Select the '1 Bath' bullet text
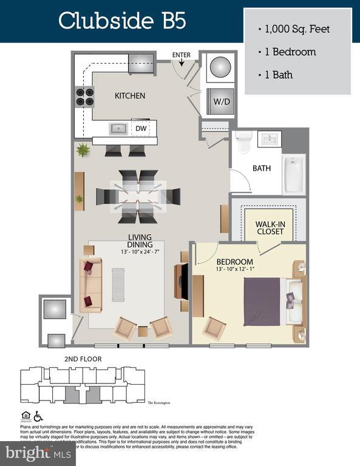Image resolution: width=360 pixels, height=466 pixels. tap(278, 75)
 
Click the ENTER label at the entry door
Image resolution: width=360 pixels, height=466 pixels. tap(181, 55)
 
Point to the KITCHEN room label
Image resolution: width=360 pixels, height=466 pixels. tap(130, 96)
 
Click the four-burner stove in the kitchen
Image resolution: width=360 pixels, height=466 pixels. tap(84, 96)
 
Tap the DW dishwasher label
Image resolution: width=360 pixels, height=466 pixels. tap(140, 129)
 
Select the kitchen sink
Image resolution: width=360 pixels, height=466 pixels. tap(118, 129)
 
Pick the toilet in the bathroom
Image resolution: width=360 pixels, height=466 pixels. tap(244, 142)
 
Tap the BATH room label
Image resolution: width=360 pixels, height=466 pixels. tap(262, 168)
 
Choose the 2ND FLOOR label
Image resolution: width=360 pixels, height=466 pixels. tap(83, 359)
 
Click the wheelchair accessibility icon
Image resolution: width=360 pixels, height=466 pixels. tap(38, 416)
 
